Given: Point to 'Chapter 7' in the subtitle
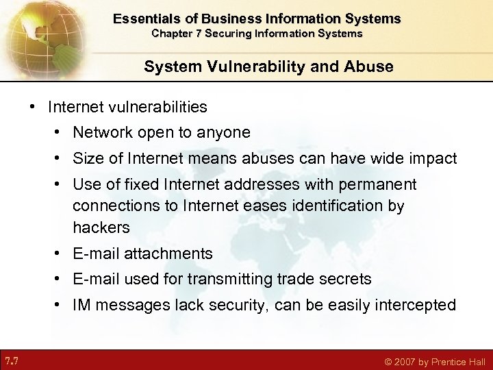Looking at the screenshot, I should [175, 33].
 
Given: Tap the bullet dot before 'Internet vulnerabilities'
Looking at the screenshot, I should [31, 107].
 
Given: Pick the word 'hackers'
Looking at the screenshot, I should [101, 227].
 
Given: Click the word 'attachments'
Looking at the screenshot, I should [168, 254].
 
